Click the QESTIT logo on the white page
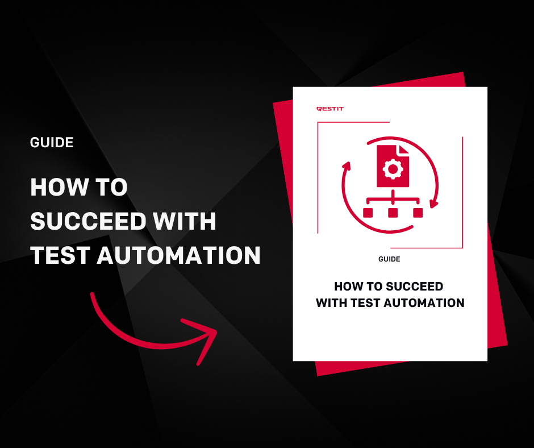[330, 109]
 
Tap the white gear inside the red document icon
[393, 169]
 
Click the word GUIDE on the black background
[52, 143]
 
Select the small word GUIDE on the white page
[389, 259]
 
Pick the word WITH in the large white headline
[184, 221]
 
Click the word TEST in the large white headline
[60, 255]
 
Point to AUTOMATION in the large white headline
[179, 255]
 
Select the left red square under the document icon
[368, 213]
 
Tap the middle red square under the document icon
[393, 213]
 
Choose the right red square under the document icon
[418, 213]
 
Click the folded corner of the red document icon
[403, 150]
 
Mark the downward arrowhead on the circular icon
[433, 204]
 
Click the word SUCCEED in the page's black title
[415, 287]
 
